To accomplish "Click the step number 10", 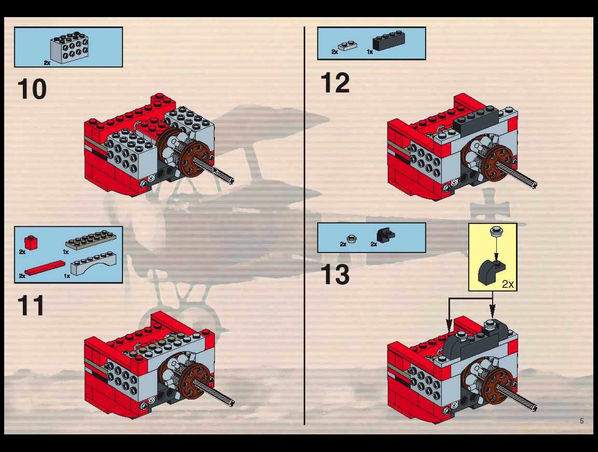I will pyautogui.click(x=32, y=89).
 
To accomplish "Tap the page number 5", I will pyautogui.click(x=581, y=421).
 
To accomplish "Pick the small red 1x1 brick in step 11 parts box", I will pyautogui.click(x=31, y=242).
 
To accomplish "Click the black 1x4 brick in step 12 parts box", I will pyautogui.click(x=389, y=41).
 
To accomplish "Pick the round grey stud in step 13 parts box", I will pyautogui.click(x=351, y=238).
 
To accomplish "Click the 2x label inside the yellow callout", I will pyautogui.click(x=508, y=284).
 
